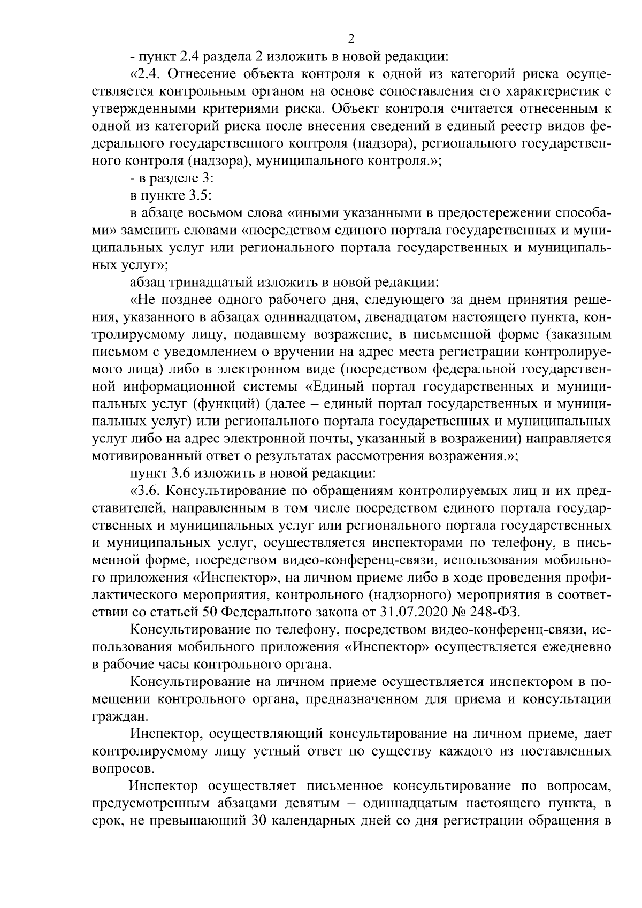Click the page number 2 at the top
pos(351,38)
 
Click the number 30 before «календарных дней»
pos(259,821)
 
